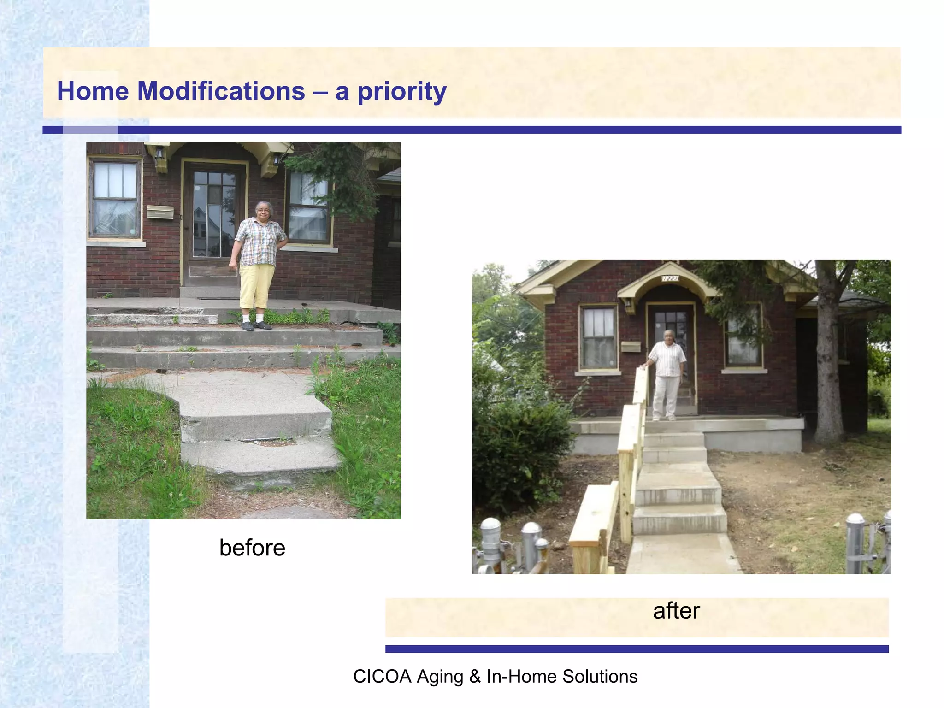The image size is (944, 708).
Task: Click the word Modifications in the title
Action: (221, 91)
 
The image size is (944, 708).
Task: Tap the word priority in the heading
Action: (402, 92)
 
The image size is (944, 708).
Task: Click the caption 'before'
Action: (252, 548)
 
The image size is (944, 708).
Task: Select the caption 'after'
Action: (676, 611)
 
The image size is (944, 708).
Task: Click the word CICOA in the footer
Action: (382, 676)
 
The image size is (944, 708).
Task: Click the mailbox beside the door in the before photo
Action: (160, 212)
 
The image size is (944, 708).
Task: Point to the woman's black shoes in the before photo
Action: (256, 326)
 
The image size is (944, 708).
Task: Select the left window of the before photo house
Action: (115, 199)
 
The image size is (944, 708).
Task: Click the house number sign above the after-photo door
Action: (670, 278)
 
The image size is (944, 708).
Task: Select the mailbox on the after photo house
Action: (631, 346)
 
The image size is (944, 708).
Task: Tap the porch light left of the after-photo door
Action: (628, 303)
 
